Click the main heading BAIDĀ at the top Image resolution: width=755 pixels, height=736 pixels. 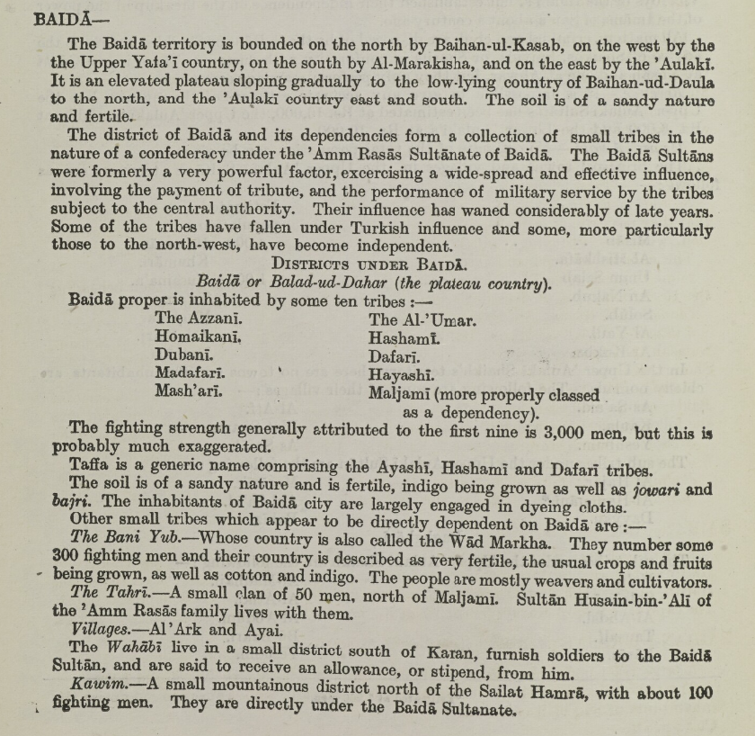coord(60,19)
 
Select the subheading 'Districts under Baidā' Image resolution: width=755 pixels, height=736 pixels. coord(369,265)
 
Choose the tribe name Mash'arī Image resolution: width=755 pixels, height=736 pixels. coord(188,391)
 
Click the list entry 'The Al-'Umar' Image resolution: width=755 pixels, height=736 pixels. coord(422,320)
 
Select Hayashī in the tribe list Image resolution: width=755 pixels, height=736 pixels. coord(401,374)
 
